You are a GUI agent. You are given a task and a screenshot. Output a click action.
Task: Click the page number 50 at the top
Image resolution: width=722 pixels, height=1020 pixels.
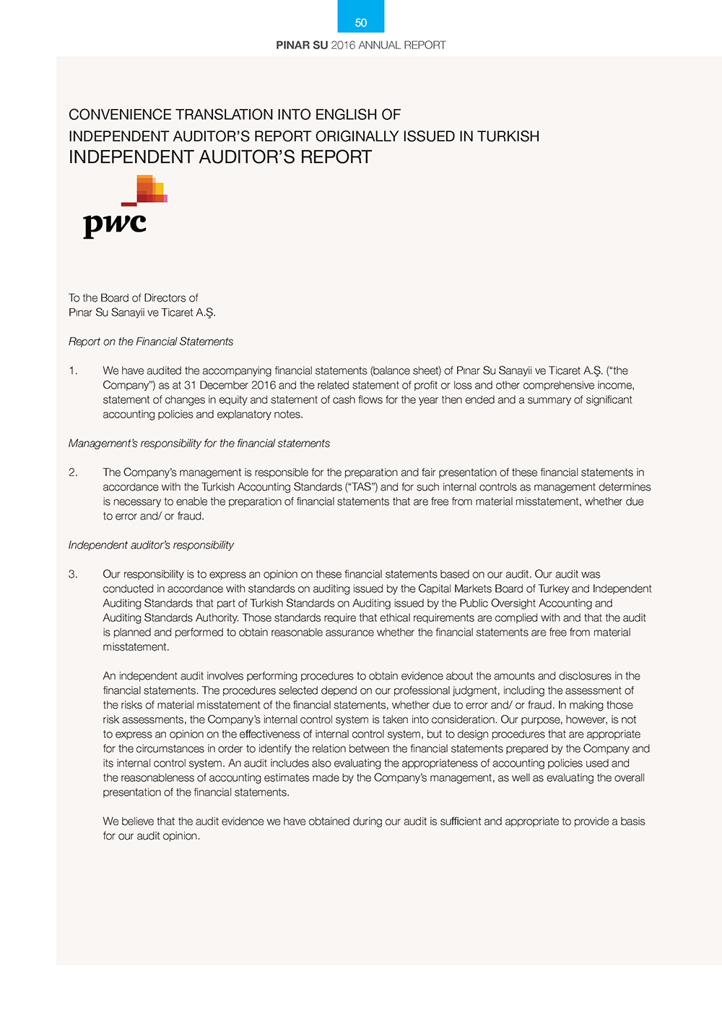(361, 23)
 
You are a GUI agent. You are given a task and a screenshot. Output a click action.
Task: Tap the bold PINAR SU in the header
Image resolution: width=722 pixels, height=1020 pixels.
(302, 45)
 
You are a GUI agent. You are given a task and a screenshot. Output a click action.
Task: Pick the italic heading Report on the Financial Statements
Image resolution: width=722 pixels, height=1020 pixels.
(151, 342)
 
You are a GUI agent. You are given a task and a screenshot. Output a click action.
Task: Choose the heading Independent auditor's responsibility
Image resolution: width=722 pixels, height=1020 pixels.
(151, 545)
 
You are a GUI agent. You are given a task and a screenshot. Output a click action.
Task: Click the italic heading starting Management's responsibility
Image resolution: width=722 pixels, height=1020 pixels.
(199, 444)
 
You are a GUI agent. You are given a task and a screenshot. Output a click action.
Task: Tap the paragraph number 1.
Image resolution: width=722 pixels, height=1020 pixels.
(73, 371)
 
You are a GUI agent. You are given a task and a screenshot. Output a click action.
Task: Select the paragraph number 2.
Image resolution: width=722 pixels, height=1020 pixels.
(73, 472)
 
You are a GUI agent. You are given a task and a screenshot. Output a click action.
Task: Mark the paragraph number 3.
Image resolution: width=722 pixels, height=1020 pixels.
(73, 574)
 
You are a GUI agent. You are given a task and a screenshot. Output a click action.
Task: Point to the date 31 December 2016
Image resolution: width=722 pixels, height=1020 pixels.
(230, 385)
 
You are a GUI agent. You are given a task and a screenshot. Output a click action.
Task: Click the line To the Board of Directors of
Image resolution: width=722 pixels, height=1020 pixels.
(134, 298)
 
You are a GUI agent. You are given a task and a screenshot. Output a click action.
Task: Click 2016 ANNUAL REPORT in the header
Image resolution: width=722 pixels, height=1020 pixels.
(388, 45)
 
